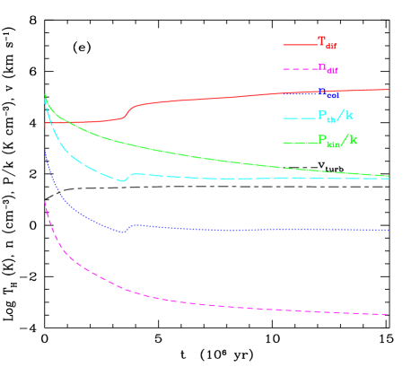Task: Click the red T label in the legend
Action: click(327, 42)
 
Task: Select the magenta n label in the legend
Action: click(327, 67)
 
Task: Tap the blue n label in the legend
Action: click(327, 92)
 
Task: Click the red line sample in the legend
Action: click(299, 44)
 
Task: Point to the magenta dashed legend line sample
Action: click(299, 68)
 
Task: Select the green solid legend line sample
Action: click(299, 142)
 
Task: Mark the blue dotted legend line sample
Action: click(299, 92)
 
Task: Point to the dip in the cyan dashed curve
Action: click(124, 180)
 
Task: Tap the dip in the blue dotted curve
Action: click(124, 232)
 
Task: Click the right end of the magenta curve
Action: click(388, 314)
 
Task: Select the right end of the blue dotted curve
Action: click(388, 231)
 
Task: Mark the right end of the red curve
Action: click(388, 90)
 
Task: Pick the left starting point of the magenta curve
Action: click(45, 202)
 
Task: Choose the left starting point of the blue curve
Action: click(45, 151)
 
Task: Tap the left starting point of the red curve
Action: click(45, 124)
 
